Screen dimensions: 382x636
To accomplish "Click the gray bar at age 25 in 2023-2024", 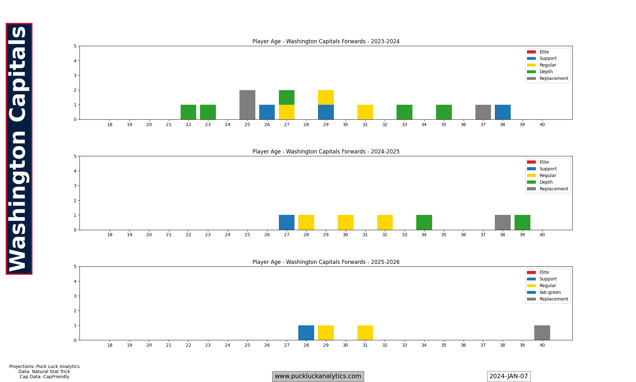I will point(247,105).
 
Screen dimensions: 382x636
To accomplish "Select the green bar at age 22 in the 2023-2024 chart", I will point(188,112).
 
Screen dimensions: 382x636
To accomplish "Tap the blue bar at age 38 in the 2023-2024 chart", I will point(502,112).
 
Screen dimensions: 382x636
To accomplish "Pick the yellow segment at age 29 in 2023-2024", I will point(326,97).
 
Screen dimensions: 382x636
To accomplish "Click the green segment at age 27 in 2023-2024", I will point(287,97).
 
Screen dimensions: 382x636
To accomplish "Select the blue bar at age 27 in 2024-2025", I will point(287,223).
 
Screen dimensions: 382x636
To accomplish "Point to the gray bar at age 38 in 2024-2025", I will point(502,223).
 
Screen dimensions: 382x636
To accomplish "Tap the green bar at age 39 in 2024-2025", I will point(522,223).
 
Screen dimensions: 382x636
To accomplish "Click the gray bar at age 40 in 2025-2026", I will point(542,333).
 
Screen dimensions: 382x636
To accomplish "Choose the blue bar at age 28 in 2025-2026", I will point(306,333).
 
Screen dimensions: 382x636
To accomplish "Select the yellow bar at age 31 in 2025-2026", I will point(365,333).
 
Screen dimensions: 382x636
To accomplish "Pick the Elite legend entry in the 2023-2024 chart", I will point(544,52).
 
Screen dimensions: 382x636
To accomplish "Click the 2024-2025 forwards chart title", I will point(326,152).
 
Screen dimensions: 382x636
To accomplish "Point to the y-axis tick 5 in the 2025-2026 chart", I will point(75,267).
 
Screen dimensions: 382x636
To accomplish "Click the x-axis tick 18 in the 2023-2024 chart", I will point(110,124).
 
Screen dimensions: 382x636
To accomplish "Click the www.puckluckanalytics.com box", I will point(318,376).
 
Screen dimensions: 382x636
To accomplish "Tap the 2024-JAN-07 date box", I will point(508,376).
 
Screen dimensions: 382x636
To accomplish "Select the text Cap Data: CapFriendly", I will point(44,377).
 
